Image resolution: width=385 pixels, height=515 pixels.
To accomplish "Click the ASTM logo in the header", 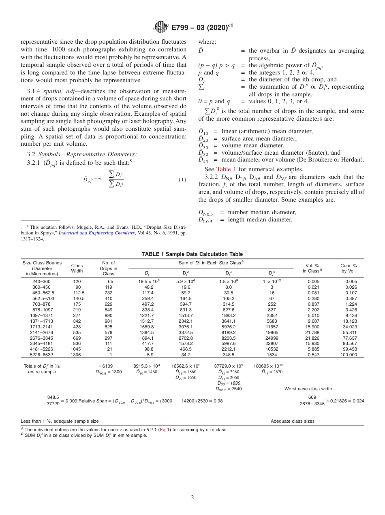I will point(161,28).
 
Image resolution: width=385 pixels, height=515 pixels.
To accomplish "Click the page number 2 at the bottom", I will point(192,498).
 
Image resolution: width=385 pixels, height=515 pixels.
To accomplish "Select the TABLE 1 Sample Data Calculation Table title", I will point(192,254).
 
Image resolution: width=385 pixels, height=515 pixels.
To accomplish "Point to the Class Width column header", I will point(77,268).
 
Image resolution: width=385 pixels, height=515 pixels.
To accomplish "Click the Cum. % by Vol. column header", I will point(349,268).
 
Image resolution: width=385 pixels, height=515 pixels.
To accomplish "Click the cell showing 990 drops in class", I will point(109,315).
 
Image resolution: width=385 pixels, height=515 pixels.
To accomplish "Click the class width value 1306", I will point(77,355).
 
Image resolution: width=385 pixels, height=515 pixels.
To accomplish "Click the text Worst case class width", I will point(308,389).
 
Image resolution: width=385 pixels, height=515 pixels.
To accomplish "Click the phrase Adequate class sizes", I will point(293,421).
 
